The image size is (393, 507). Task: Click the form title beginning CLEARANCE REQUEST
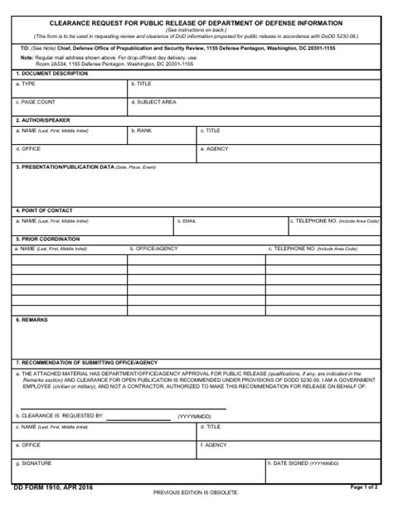click(x=196, y=23)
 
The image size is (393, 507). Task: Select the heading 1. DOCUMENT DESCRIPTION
click(x=51, y=74)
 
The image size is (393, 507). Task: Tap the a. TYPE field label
click(x=26, y=84)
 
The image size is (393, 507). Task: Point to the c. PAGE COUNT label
click(x=36, y=101)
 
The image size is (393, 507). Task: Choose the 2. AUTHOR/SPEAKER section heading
click(x=43, y=120)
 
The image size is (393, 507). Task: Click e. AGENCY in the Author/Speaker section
click(x=215, y=148)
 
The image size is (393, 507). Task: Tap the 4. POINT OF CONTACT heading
click(x=45, y=210)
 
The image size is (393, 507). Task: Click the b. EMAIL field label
click(x=187, y=221)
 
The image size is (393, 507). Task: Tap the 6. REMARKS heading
click(x=32, y=319)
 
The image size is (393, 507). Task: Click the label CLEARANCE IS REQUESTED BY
click(x=59, y=415)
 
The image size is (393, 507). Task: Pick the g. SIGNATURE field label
click(x=34, y=463)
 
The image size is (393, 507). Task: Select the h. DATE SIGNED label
click(x=303, y=463)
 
